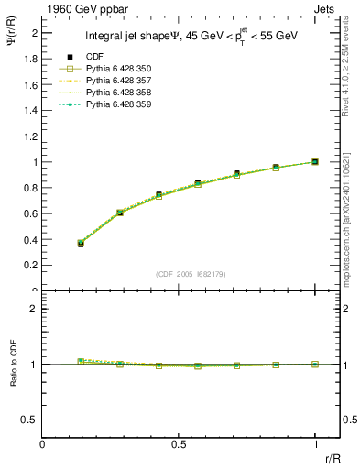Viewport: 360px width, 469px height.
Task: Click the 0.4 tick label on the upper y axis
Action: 32,240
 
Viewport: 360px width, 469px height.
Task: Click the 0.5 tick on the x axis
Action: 179,445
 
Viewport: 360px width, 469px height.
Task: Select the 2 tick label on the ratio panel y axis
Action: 35,309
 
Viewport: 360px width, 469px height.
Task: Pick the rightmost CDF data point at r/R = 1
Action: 315,162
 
